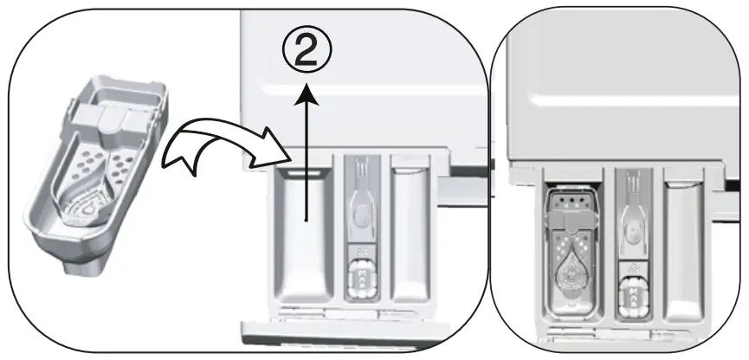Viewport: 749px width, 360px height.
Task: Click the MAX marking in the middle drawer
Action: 358,278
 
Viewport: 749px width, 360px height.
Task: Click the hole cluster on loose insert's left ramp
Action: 87,164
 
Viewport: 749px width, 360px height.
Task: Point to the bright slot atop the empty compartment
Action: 299,173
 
